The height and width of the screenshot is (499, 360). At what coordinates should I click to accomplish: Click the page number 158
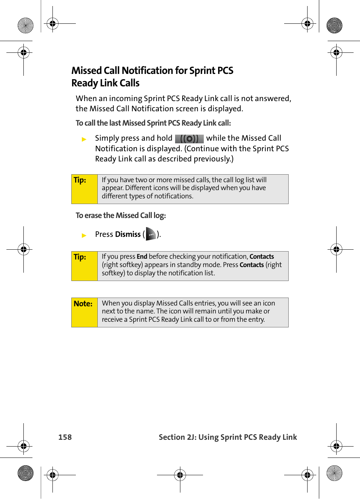(65, 437)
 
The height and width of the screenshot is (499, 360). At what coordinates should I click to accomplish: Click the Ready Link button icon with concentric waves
(189, 139)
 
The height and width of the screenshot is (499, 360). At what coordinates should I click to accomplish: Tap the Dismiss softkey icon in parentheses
(151, 234)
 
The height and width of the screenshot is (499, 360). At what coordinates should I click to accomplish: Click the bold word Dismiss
(128, 234)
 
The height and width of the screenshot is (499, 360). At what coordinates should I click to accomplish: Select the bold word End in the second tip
(142, 257)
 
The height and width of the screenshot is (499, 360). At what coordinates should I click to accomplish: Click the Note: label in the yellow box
(83, 304)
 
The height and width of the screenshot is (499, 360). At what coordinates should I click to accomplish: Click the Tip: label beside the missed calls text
(80, 180)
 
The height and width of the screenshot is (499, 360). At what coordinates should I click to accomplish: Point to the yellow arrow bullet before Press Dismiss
(84, 235)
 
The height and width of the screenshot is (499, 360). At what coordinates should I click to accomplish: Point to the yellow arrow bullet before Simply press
(84, 139)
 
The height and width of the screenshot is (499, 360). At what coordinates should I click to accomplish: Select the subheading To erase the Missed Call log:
(121, 215)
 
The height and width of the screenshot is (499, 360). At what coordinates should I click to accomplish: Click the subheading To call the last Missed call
(153, 123)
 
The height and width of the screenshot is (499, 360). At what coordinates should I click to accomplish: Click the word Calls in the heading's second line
(129, 83)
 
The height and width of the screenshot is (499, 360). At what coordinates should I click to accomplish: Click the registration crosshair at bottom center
(180, 475)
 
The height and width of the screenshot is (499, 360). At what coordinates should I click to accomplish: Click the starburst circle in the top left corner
(26, 26)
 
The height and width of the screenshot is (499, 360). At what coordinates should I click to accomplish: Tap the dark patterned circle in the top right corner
(334, 26)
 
